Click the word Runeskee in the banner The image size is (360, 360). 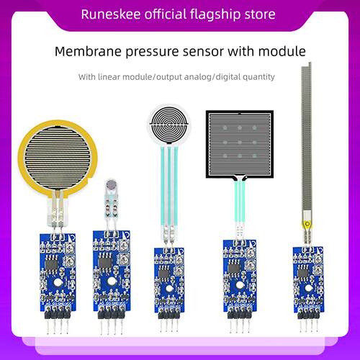click(x=111, y=14)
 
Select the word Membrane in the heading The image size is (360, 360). click(x=88, y=51)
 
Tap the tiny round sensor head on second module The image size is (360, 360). click(x=111, y=184)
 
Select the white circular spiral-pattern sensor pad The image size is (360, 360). click(x=168, y=124)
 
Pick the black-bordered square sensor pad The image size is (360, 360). click(x=240, y=144)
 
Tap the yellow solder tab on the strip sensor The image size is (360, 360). click(x=307, y=224)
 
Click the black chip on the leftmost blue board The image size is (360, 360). click(x=51, y=264)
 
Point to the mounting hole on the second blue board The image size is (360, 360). click(x=112, y=281)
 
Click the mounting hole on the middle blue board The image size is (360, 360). click(x=169, y=289)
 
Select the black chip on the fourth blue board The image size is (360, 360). click(x=233, y=269)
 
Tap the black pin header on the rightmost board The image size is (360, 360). click(x=308, y=315)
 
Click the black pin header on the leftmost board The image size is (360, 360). click(x=58, y=314)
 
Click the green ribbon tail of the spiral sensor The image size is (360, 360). click(x=169, y=186)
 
